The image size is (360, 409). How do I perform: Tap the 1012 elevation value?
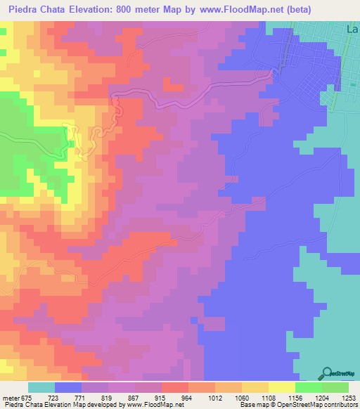pyautogui.click(x=227, y=398)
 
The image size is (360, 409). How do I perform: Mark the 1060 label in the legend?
pyautogui.click(x=254, y=398)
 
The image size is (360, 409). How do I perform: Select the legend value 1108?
pyautogui.click(x=281, y=398)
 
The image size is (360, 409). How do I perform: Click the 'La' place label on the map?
pyautogui.click(x=353, y=29)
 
